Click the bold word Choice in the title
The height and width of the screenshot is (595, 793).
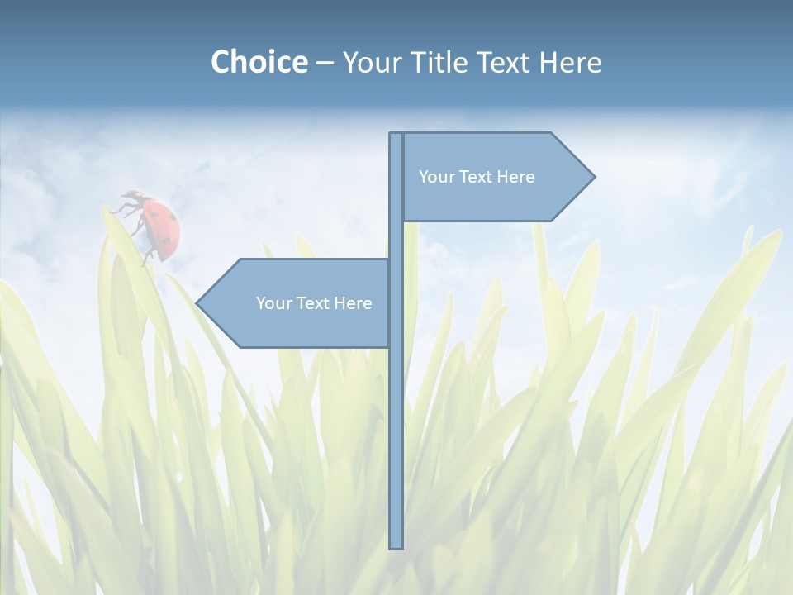pos(259,62)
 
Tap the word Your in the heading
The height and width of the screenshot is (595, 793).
pos(371,62)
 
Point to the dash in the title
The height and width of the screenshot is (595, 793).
pos(325,63)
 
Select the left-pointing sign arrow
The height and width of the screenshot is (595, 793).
pos(297,303)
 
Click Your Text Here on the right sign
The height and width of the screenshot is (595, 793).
pos(477,176)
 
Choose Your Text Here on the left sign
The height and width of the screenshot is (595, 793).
pos(314,303)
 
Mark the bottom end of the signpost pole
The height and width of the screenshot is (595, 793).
pos(396,545)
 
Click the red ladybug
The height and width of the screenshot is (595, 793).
pos(159,226)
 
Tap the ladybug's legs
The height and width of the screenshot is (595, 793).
pos(128,202)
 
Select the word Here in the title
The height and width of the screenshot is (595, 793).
pos(571,62)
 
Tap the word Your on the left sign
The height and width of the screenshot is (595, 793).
pos(272,303)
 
